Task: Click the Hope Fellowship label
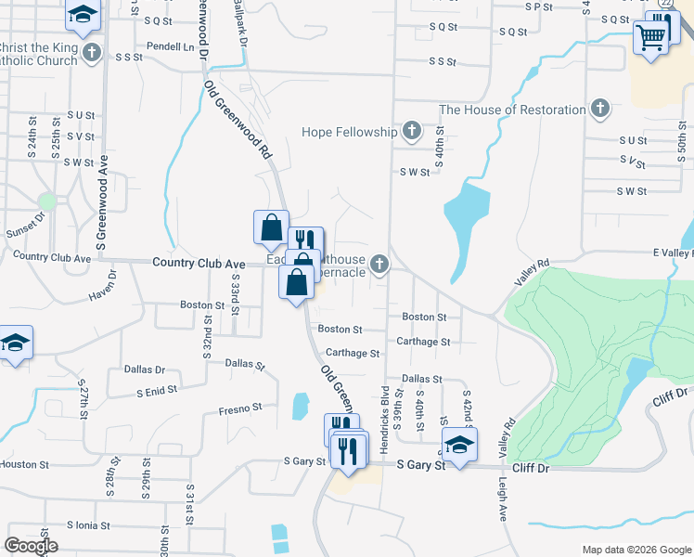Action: coord(349,132)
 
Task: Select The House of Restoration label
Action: coord(512,110)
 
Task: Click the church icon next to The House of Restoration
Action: coord(599,110)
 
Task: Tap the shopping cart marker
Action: coord(652,37)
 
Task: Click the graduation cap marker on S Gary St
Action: coord(458,445)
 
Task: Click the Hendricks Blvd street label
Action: coord(382,419)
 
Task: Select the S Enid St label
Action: coord(157,392)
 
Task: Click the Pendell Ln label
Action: coord(171,45)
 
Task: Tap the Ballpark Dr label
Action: coord(241,24)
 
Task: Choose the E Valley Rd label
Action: coord(673,253)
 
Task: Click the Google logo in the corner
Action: coord(31,545)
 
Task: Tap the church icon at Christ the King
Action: coord(91,53)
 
